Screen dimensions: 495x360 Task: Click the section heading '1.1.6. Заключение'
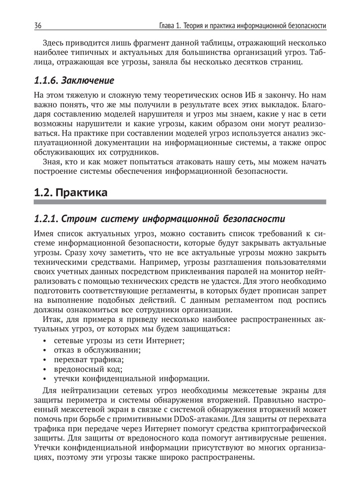[x=74, y=80]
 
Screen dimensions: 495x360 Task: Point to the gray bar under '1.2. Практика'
[x=180, y=202]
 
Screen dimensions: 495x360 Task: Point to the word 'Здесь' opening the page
[x=54, y=43]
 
